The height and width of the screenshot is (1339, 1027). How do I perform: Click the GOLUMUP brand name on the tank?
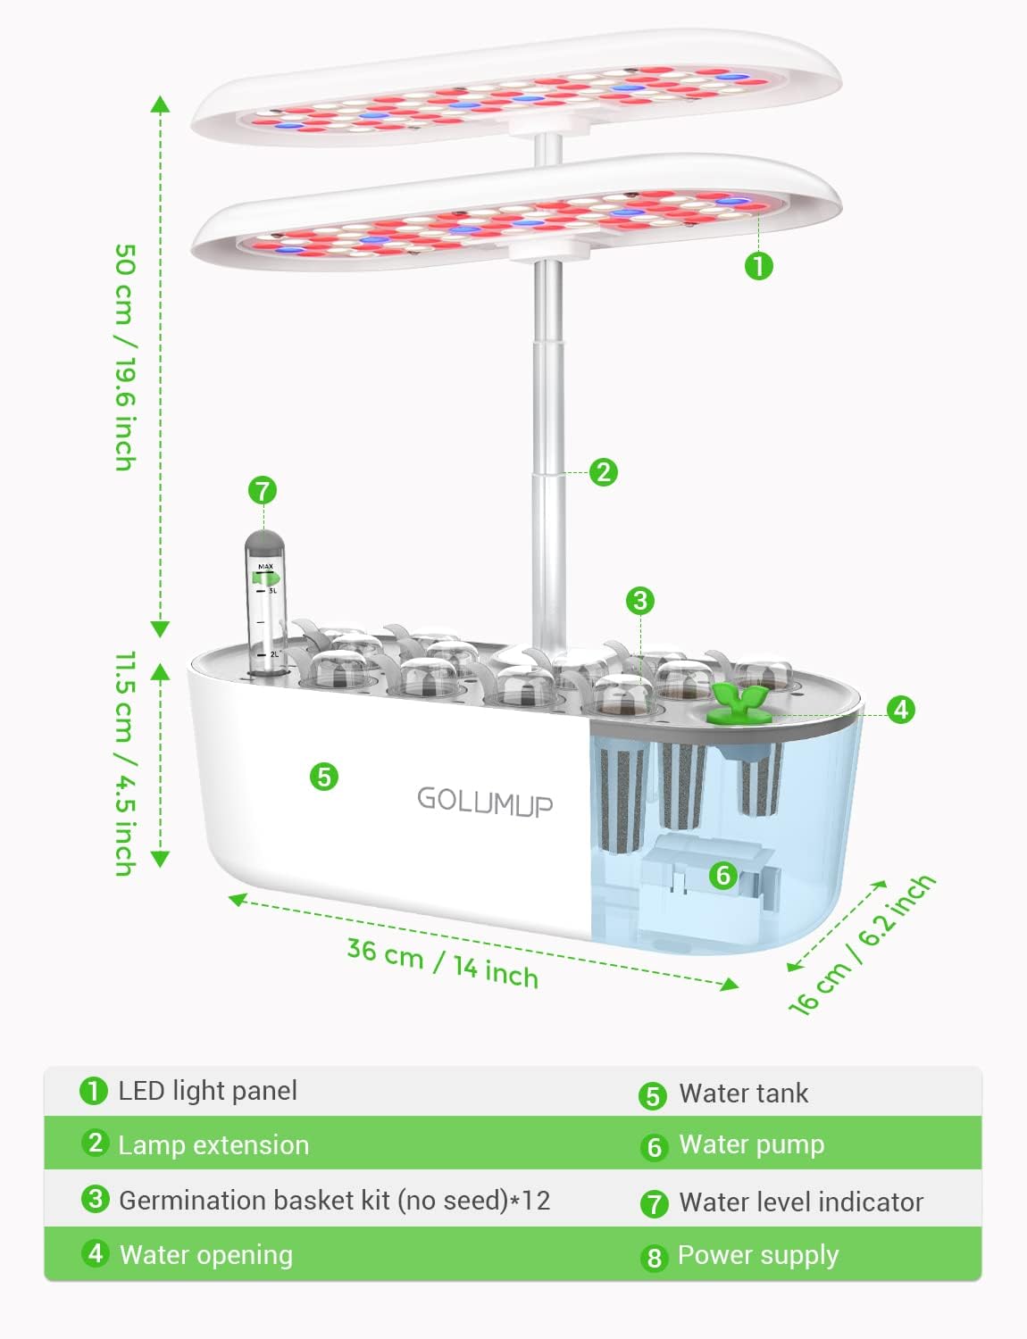485,800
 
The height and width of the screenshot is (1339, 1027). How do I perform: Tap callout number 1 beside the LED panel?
758,265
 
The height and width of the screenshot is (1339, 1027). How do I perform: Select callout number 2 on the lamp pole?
604,471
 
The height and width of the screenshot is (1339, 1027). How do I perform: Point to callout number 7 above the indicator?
262,490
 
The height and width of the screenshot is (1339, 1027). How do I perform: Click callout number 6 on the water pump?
723,875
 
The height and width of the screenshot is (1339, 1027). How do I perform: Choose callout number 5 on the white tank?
324,777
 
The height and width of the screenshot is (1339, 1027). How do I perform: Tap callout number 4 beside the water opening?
901,710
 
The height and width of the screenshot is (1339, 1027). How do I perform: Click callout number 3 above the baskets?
639,600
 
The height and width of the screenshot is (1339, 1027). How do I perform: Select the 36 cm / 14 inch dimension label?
443,963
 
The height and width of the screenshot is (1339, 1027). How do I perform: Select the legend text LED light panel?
207,1091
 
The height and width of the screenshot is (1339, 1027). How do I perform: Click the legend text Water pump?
751,1144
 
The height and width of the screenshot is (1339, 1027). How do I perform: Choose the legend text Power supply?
758,1255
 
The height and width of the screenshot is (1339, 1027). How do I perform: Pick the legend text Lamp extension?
213,1145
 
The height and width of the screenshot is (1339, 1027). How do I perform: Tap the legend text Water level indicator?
801,1202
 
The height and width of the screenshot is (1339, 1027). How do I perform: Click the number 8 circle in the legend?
654,1258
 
